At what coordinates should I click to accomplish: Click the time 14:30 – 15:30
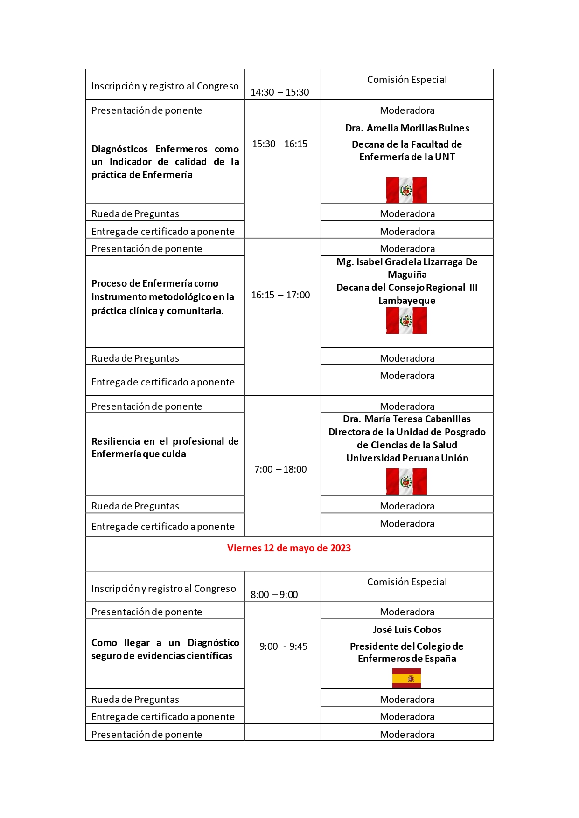pos(280,92)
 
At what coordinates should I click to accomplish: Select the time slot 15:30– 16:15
pos(280,144)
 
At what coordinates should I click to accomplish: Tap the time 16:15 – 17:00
pos(280,295)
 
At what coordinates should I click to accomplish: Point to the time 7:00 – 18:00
pos(280,469)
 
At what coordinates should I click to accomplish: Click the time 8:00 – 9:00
pos(274,595)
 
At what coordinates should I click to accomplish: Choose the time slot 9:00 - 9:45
pos(283,646)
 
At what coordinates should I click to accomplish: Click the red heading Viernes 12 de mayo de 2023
pos(289,548)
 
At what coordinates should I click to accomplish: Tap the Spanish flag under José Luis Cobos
pos(406,678)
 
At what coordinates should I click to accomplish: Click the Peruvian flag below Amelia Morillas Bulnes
pos(406,190)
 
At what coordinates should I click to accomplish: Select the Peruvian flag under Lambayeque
pos(406,321)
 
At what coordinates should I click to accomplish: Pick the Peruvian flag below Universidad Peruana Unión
pos(406,481)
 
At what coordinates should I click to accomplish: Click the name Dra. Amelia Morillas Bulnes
pos(407,128)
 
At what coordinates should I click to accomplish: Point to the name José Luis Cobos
pos(407,630)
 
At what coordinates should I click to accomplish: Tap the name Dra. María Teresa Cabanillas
pos(407,419)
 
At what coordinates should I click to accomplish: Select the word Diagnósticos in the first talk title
pos(119,149)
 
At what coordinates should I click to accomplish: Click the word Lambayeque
pos(407,301)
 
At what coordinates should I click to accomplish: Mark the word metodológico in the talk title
pos(181,297)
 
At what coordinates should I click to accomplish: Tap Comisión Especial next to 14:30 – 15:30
pos(407,80)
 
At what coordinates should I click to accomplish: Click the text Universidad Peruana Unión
pos(407,458)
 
